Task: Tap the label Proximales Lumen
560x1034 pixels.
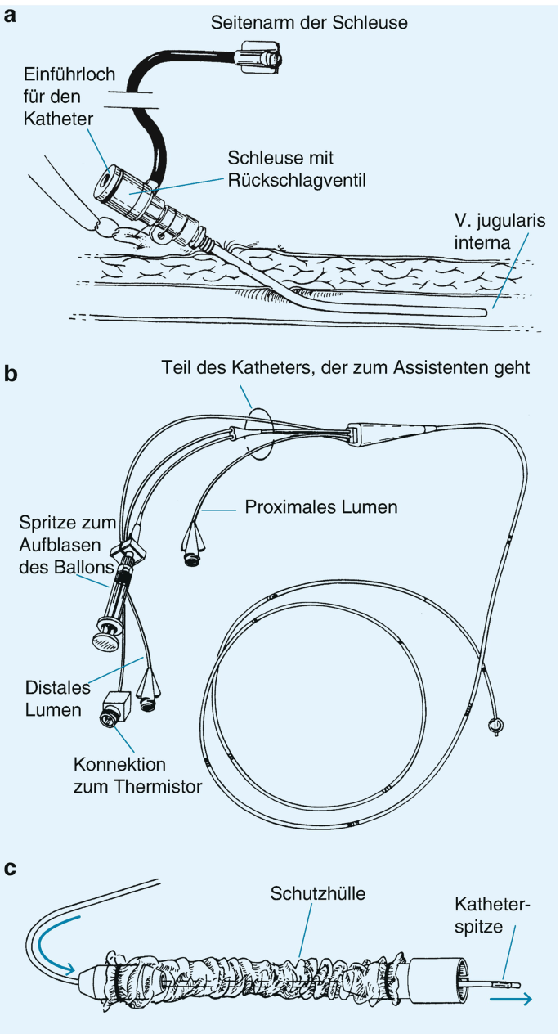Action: click(321, 508)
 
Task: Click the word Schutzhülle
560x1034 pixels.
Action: click(319, 894)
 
